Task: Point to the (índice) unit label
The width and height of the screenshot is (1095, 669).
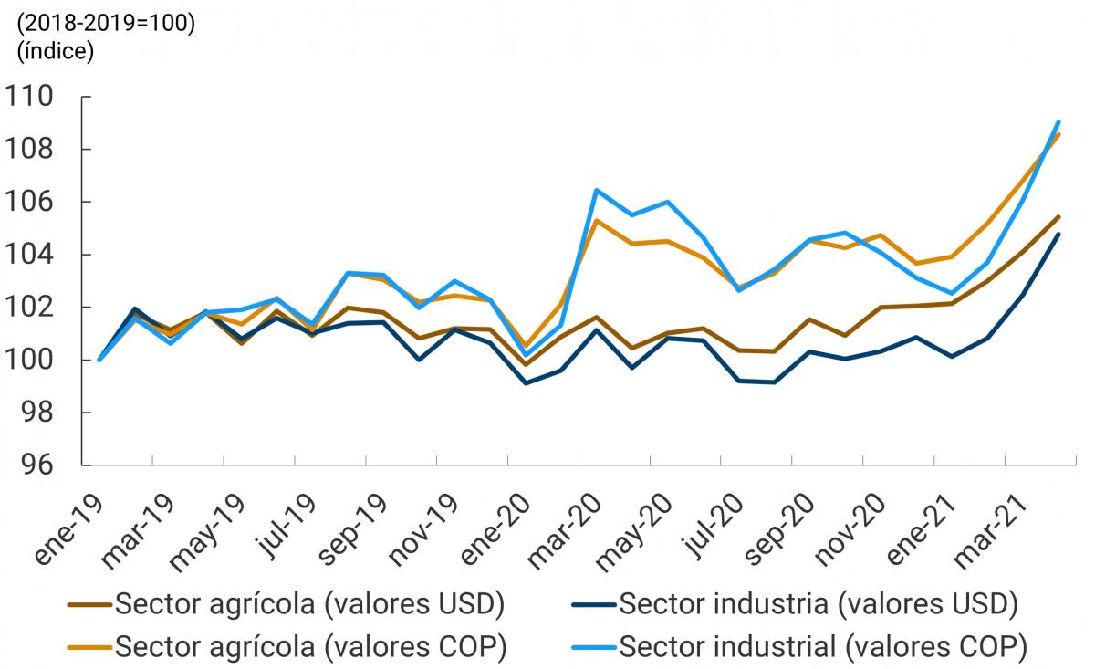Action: pos(56,51)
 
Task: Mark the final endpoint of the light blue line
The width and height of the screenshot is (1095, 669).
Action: pos(1058,121)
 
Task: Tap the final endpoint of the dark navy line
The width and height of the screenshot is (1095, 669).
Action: pos(1058,234)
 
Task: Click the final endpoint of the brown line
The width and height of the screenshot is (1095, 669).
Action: pos(1058,216)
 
